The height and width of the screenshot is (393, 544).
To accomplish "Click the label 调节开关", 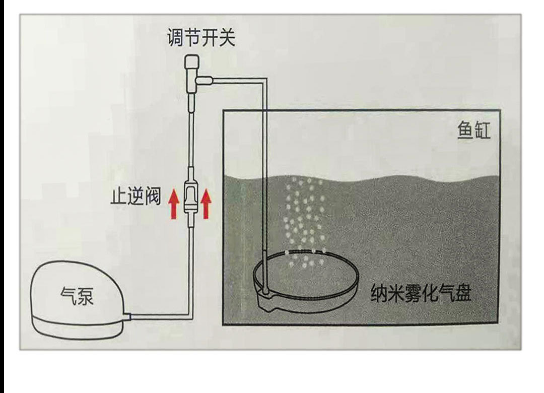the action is [x=201, y=38].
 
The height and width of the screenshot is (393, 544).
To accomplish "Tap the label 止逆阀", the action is [x=135, y=196].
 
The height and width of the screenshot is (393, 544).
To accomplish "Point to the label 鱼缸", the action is [x=473, y=131].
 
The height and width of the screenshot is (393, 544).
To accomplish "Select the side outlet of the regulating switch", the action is [x=204, y=81].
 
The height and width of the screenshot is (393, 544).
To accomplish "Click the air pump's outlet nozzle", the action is [x=127, y=316].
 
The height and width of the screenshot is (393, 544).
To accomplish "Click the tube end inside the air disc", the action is [x=265, y=291].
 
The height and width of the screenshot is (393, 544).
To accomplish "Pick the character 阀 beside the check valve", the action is [x=153, y=196].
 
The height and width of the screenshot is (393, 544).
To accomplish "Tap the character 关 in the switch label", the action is [x=227, y=38].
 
